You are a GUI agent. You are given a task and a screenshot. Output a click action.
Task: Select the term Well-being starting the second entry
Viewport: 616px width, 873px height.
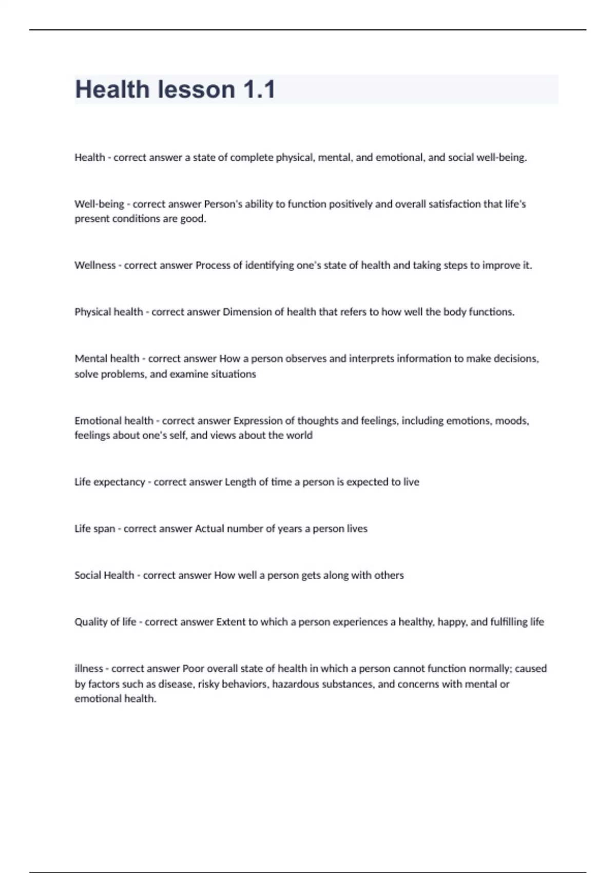pyautogui.click(x=99, y=204)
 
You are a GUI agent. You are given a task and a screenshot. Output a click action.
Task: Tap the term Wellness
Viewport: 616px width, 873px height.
pyautogui.click(x=95, y=265)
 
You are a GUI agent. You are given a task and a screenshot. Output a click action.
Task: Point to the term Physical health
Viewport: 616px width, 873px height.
pyautogui.click(x=108, y=312)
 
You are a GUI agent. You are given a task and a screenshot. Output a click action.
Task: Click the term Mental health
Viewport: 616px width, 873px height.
pyautogui.click(x=107, y=358)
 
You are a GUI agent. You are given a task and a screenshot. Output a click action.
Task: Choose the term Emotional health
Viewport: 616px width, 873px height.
pyautogui.click(x=114, y=421)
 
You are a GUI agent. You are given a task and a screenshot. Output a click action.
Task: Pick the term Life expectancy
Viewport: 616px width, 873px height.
pyautogui.click(x=110, y=482)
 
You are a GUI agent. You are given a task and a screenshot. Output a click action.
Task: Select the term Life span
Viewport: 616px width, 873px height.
pyautogui.click(x=95, y=528)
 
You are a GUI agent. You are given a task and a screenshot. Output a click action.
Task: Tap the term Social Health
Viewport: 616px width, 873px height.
pyautogui.click(x=104, y=575)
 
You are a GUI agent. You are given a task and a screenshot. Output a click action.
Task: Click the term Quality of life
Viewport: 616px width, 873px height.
pyautogui.click(x=105, y=622)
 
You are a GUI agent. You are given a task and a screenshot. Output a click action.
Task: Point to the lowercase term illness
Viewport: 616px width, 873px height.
pyautogui.click(x=89, y=669)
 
